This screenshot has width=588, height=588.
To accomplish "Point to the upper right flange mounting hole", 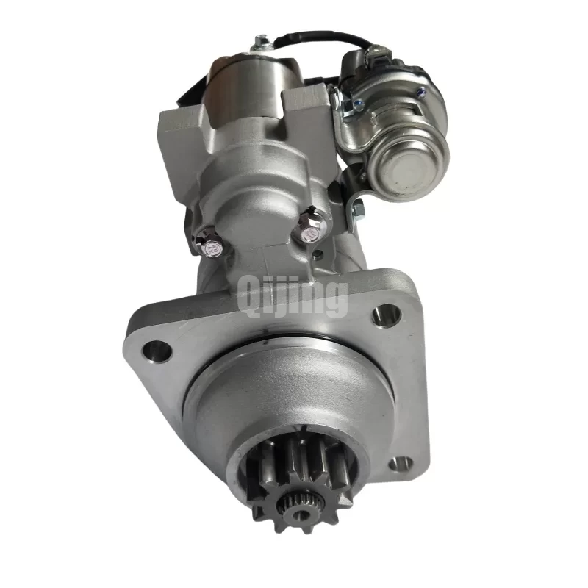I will pyautogui.click(x=387, y=315).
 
